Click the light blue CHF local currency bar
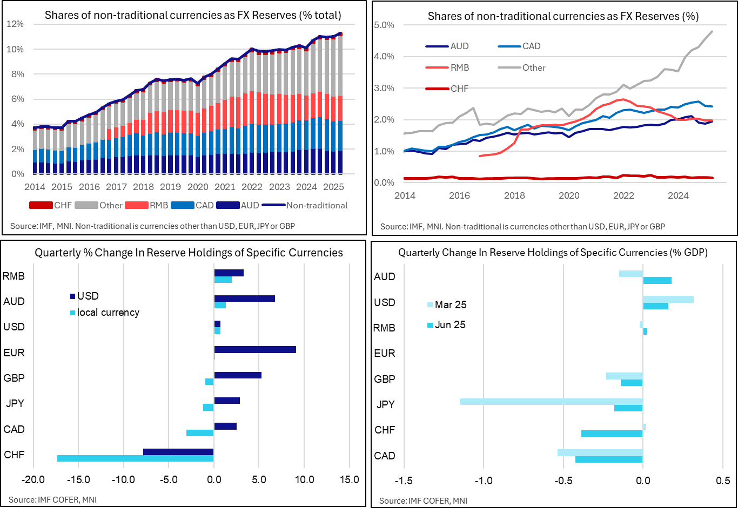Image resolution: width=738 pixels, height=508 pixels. point(135,458)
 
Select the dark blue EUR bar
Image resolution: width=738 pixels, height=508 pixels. point(255,349)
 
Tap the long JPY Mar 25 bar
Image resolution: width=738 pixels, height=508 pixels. point(551,402)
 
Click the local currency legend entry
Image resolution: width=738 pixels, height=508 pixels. point(108,313)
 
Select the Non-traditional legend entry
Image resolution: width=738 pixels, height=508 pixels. point(317,205)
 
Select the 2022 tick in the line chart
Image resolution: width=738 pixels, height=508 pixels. point(623,195)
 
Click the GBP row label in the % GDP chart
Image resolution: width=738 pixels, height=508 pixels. point(385,379)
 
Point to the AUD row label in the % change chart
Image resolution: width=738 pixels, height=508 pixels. point(14,301)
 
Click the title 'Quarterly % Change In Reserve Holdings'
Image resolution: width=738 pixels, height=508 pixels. point(189,253)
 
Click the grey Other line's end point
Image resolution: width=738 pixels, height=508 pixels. point(712,31)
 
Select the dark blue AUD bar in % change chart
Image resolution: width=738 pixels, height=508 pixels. point(245,299)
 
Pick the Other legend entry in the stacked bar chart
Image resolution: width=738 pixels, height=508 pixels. point(111,205)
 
